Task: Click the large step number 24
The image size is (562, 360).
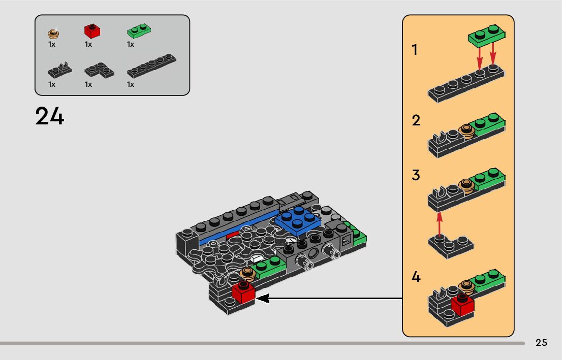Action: tap(49, 116)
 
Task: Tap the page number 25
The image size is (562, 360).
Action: tap(541, 342)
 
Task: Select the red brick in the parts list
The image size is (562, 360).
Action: tap(92, 31)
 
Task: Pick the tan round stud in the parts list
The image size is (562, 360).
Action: tap(53, 34)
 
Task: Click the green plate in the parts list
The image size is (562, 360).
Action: tap(139, 31)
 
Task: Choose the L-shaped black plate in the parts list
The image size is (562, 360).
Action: tap(99, 70)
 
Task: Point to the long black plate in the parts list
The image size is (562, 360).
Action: tap(151, 66)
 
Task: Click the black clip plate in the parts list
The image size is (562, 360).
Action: tap(60, 70)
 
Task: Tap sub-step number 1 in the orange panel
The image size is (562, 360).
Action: tap(415, 50)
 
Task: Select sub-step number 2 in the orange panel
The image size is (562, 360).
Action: tap(416, 120)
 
